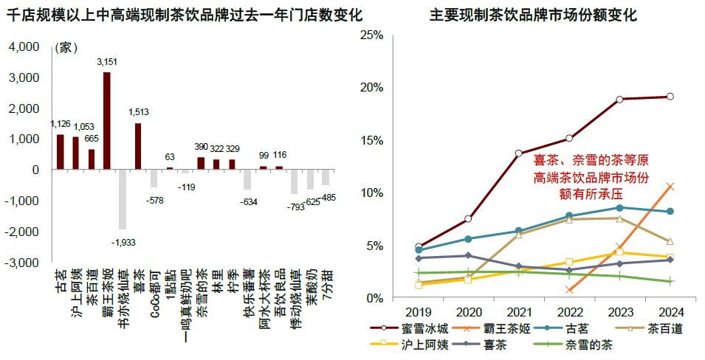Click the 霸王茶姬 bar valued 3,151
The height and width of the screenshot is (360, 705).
(x=107, y=121)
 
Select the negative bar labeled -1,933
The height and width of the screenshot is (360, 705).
(x=123, y=199)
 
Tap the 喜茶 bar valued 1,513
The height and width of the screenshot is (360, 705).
(x=138, y=146)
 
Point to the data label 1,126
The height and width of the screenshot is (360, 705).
(x=60, y=124)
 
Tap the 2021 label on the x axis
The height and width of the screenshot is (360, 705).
(x=519, y=311)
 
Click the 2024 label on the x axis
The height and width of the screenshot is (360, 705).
(x=670, y=311)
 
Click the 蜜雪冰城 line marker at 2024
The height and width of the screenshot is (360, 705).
(x=670, y=97)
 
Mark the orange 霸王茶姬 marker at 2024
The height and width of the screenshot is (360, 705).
(x=670, y=186)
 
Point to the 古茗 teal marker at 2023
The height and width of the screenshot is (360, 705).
(x=619, y=208)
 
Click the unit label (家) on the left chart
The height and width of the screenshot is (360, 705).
(x=65, y=48)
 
